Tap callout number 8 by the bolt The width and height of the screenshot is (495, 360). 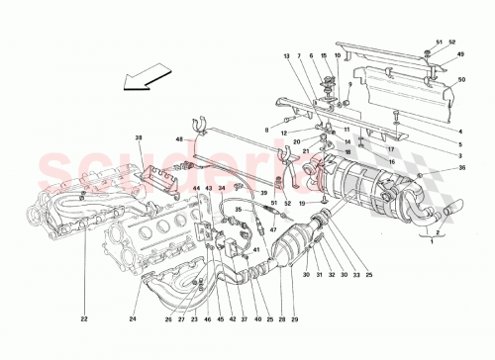(x=266, y=130)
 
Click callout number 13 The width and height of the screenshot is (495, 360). (x=288, y=56)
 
